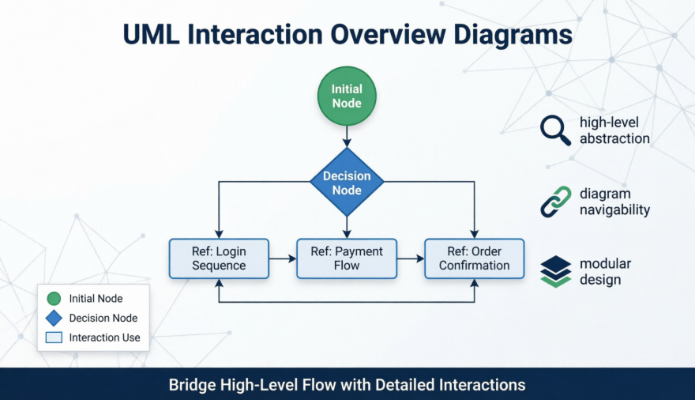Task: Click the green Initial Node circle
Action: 347,96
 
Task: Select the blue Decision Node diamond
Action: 347,183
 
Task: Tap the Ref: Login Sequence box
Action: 219,258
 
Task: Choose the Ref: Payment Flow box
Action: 347,258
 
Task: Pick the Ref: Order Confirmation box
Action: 474,258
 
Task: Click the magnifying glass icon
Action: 555,130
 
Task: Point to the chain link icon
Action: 555,202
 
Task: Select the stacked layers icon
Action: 555,271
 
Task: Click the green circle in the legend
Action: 54,299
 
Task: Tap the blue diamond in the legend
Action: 54,318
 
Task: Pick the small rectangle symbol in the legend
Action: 54,338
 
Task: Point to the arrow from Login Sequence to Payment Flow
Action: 282,258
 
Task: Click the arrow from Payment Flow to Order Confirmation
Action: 410,258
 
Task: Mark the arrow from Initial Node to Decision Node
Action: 347,137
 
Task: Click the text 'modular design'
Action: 605,271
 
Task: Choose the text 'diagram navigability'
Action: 614,202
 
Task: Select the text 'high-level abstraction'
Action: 614,130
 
